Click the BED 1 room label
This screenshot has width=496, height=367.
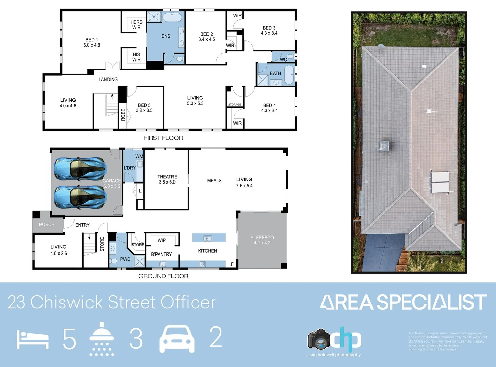tap(92, 42)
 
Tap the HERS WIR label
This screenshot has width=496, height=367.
tap(136, 25)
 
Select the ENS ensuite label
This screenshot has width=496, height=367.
tap(166, 36)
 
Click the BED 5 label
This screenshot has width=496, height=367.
tap(144, 108)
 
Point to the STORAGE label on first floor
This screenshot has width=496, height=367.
tap(235, 105)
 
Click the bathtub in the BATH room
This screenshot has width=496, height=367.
tap(289, 75)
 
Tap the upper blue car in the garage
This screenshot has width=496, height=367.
tap(81, 168)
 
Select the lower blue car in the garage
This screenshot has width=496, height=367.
tap(81, 197)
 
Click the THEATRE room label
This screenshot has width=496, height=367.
tap(167, 179)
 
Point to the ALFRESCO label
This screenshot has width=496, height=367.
tap(262, 240)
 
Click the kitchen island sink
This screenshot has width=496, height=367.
tap(208, 238)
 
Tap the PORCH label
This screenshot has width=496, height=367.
tap(47, 224)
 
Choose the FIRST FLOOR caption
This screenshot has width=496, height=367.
tap(163, 138)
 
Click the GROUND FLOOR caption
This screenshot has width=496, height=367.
tap(163, 276)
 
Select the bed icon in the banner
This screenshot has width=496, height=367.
tap(33, 340)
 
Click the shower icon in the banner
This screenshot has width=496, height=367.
tap(101, 339)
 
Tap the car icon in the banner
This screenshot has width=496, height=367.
tap(177, 339)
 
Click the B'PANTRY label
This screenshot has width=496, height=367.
tap(162, 254)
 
